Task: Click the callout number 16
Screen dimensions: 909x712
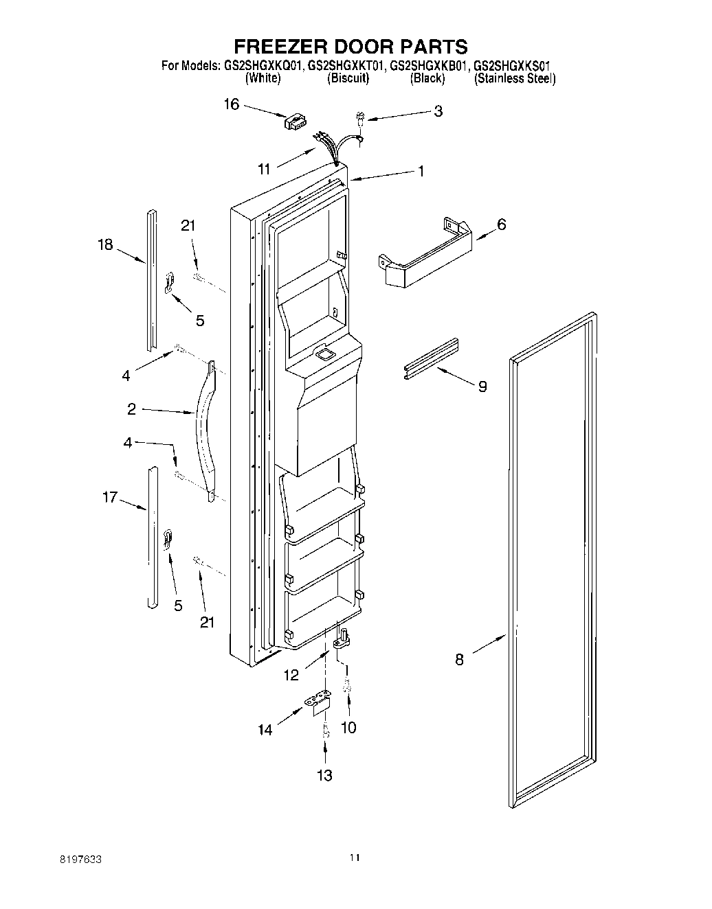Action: [232, 104]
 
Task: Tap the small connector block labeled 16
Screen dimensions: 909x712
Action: [293, 122]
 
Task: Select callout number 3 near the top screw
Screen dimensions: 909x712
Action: [438, 111]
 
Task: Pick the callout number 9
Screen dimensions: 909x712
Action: [482, 387]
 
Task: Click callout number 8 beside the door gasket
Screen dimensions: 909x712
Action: [459, 660]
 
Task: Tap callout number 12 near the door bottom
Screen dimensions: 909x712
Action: [291, 675]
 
